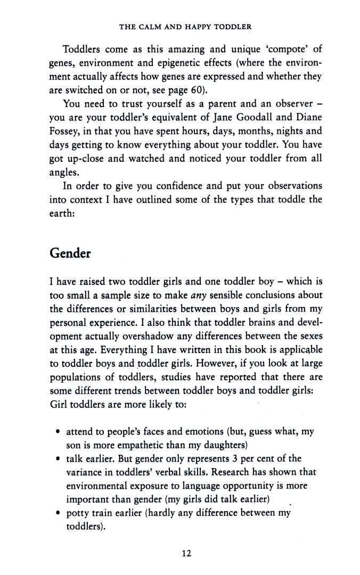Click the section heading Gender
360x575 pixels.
tap(70, 253)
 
